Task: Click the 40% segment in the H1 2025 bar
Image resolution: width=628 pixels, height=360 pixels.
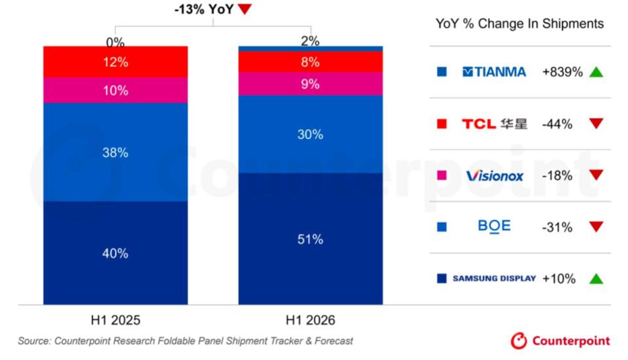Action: [116, 253]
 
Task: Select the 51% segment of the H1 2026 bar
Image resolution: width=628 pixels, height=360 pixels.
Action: [311, 239]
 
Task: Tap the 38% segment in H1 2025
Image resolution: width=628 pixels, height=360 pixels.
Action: [116, 152]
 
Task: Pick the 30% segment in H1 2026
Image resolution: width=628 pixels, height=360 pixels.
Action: [311, 134]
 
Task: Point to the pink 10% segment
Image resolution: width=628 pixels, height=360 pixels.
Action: [116, 90]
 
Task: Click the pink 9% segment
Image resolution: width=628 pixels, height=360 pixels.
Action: [311, 84]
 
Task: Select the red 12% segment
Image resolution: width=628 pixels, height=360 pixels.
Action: [116, 62]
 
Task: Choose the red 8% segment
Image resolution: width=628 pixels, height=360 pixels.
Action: [311, 62]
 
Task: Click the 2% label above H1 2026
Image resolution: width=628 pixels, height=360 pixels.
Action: [310, 41]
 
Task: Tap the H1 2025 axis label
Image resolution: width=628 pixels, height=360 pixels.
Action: [116, 320]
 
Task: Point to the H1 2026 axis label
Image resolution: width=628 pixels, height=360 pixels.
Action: [311, 320]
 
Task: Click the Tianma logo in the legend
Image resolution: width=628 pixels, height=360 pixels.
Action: [494, 72]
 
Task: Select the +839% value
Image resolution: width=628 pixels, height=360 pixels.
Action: [563, 72]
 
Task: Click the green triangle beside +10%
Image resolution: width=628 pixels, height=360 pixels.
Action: [596, 279]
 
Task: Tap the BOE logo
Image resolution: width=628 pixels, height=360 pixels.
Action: [494, 226]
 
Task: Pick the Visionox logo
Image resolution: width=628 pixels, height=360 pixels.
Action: [495, 176]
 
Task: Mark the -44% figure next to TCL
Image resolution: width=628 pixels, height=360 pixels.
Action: [557, 124]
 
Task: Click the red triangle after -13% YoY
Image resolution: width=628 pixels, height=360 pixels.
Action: [245, 9]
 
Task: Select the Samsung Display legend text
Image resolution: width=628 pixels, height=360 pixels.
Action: [494, 278]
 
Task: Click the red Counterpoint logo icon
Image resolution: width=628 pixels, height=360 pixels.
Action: [519, 341]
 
